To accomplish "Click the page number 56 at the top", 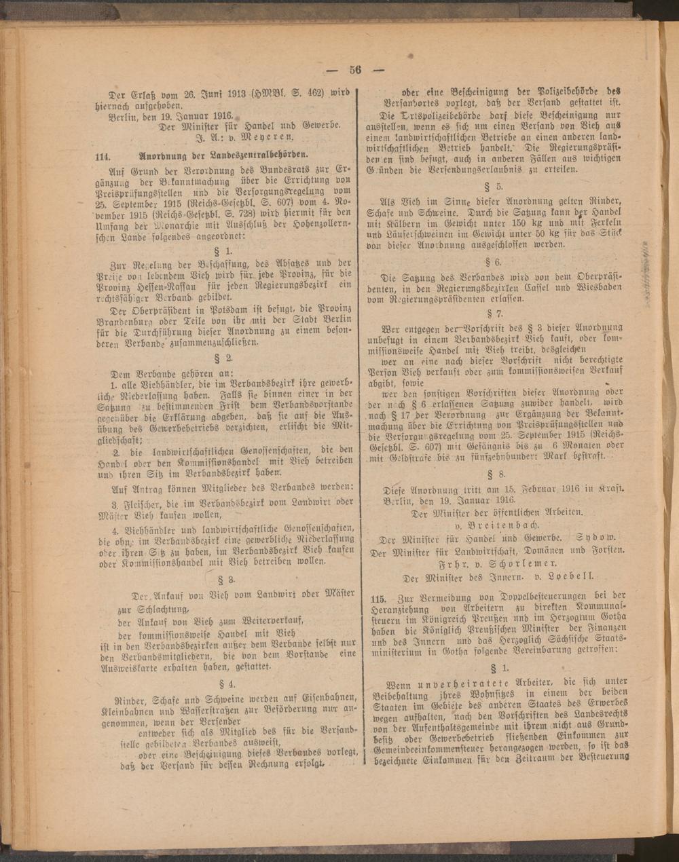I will click(356, 69).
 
